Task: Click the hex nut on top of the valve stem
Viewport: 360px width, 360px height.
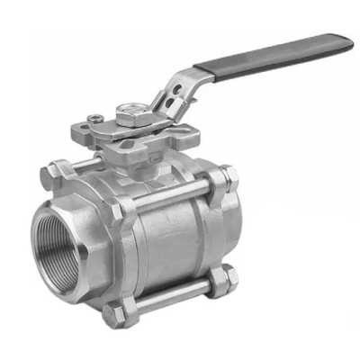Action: (x=130, y=113)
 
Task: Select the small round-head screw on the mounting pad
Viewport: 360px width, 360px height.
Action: (x=94, y=116)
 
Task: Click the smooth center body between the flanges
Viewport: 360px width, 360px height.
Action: (x=171, y=243)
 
